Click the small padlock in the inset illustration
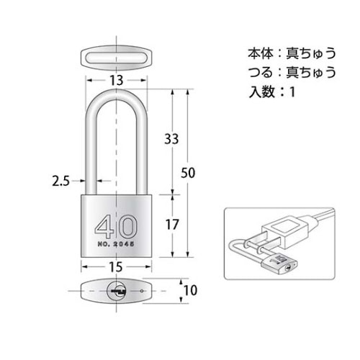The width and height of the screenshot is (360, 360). pyautogui.click(x=282, y=265)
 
